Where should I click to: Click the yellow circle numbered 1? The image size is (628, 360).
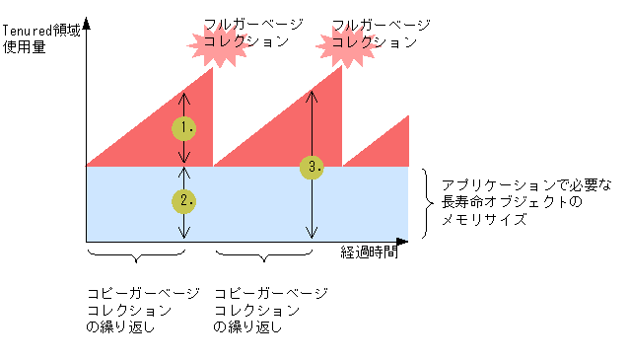pyautogui.click(x=183, y=127)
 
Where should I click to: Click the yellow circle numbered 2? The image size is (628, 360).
pyautogui.click(x=183, y=201)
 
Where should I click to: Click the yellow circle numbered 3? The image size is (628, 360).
pyautogui.click(x=312, y=167)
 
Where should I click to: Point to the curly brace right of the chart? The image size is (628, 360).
pyautogui.click(x=426, y=203)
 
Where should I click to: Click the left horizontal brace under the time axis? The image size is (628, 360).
pyautogui.click(x=137, y=258)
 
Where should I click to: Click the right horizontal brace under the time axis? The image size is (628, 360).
pyautogui.click(x=264, y=258)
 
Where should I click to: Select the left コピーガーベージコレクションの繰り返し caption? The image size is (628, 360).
pyautogui.click(x=142, y=310)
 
